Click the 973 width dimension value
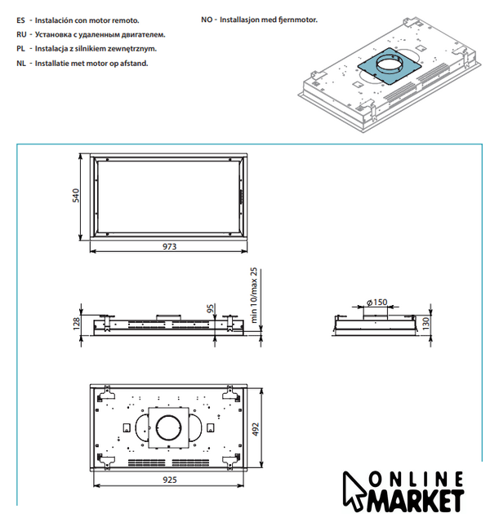[169, 246]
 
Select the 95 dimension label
[210, 308]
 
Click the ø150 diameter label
[376, 302]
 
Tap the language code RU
[20, 33]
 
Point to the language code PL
[20, 49]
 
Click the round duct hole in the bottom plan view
[170, 427]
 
